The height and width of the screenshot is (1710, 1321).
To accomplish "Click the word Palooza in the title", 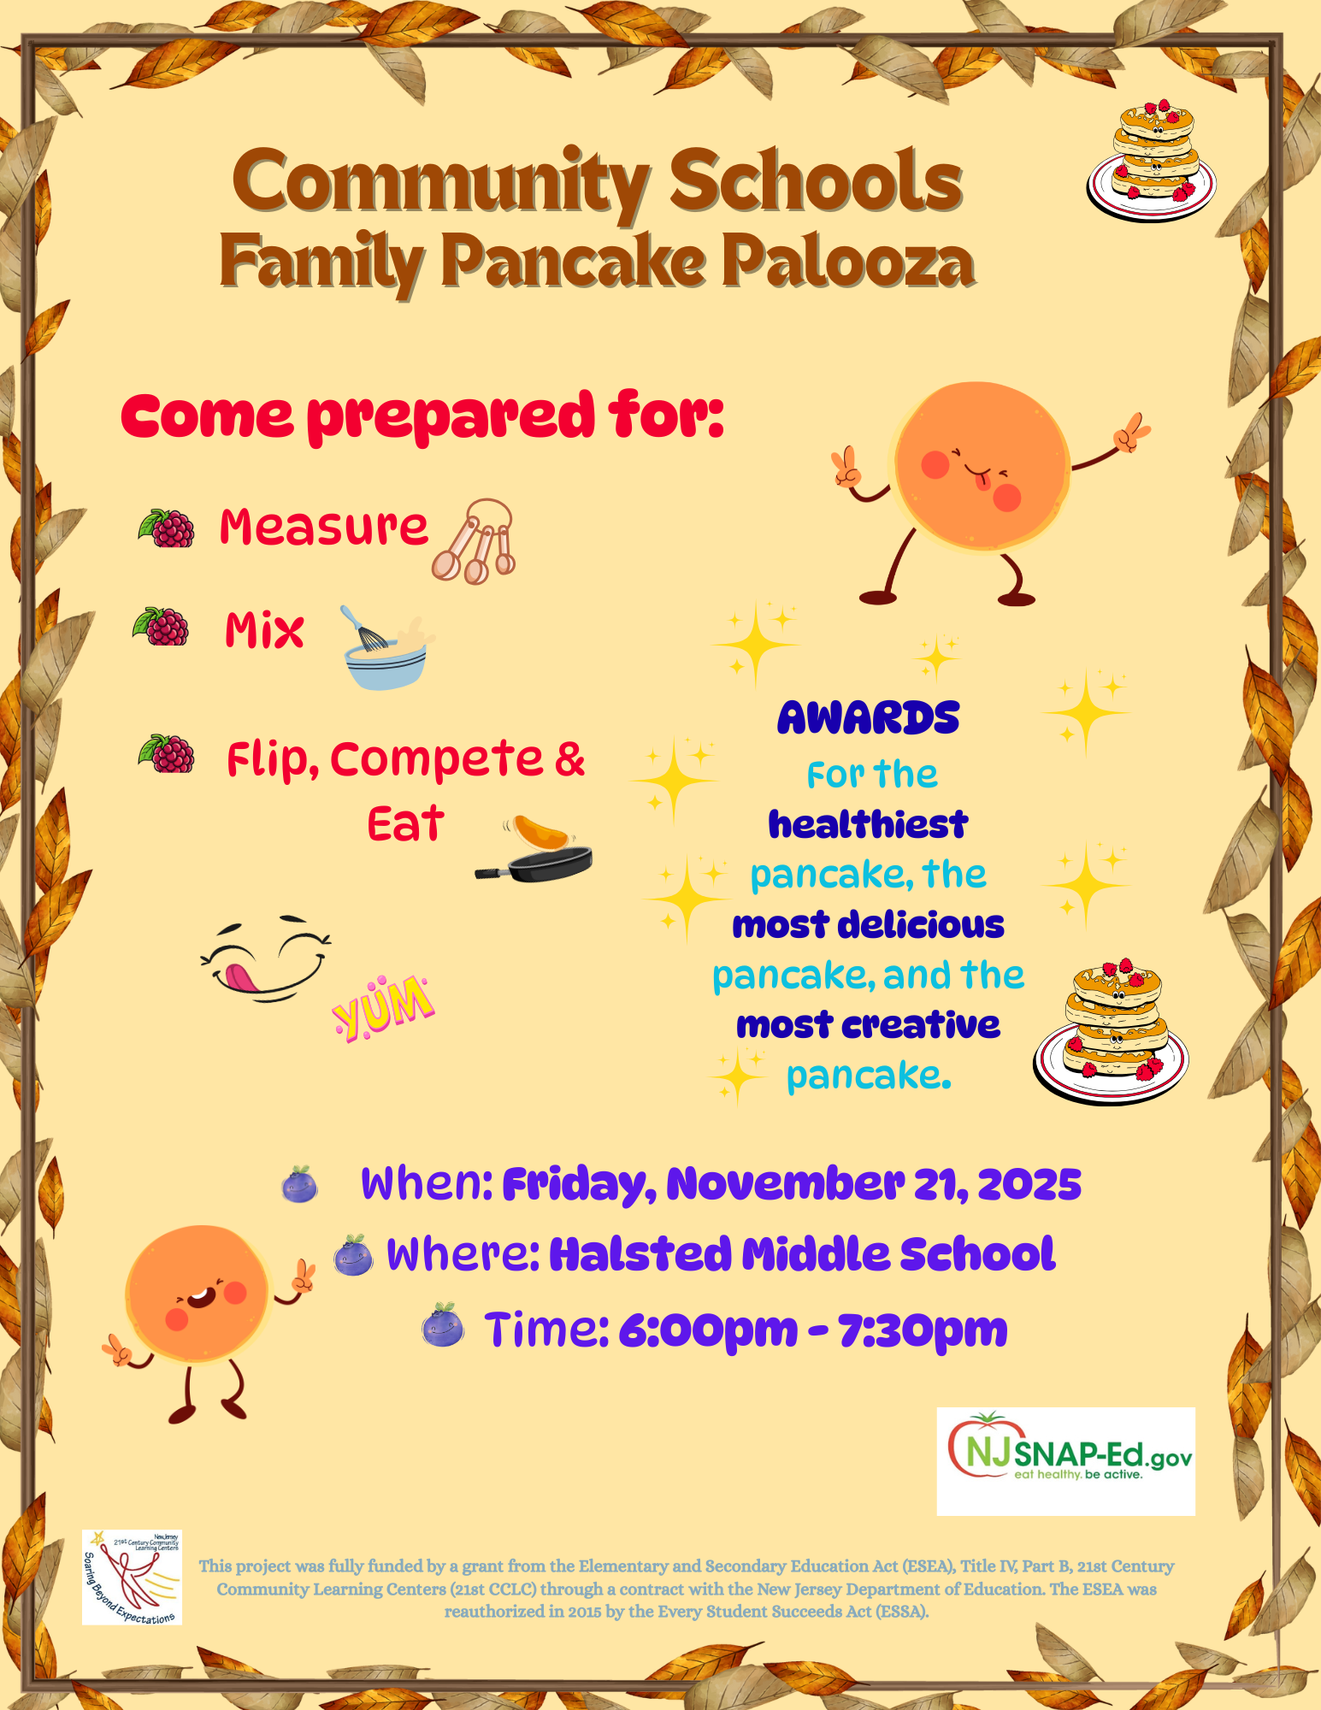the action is click(x=848, y=262).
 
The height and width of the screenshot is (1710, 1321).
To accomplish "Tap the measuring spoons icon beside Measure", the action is click(x=475, y=541).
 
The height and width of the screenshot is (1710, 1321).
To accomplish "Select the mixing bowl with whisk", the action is click(x=387, y=647).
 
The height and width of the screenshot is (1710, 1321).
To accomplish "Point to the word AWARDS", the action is click(x=869, y=718).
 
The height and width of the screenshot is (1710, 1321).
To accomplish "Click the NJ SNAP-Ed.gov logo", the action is click(x=1066, y=1461).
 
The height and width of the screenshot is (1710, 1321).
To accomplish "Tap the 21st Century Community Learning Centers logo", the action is click(x=132, y=1577).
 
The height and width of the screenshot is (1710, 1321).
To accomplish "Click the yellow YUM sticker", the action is click(x=383, y=1007).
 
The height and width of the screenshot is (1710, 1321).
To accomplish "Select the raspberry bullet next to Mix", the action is click(x=162, y=627).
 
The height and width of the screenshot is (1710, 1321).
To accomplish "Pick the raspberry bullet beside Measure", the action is click(x=167, y=528).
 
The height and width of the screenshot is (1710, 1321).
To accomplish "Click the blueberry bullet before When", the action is click(x=299, y=1185).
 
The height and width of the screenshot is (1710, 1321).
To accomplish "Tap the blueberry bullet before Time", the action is click(x=443, y=1326).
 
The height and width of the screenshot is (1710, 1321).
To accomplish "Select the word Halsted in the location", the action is click(x=640, y=1254).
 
